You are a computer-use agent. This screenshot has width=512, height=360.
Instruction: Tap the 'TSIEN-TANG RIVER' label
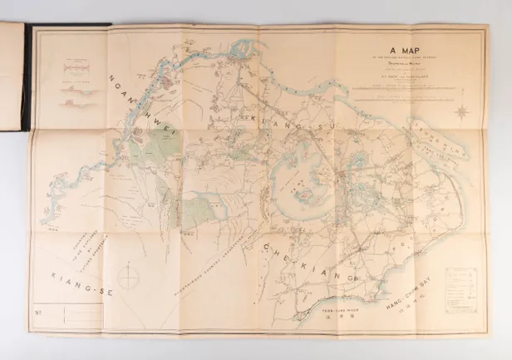(x=342, y=308)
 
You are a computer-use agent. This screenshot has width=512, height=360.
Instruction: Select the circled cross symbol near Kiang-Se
(x=128, y=277)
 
